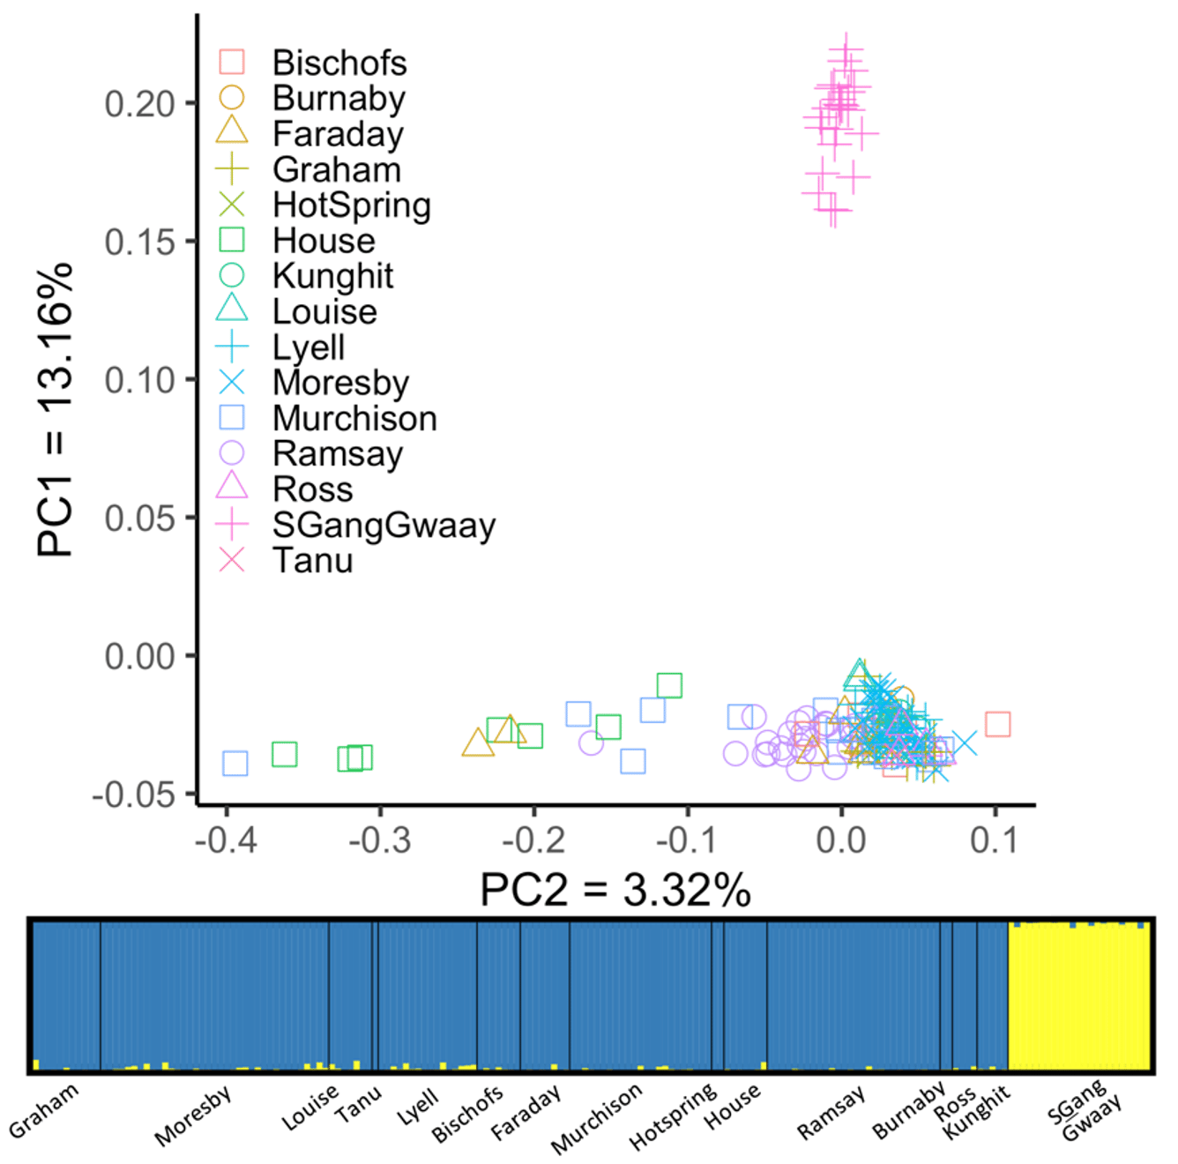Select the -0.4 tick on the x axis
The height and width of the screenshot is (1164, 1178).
(226, 839)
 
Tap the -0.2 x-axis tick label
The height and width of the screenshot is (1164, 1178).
(533, 839)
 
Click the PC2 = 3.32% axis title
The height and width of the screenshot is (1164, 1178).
(615, 890)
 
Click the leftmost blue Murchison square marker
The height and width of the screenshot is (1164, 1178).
(235, 763)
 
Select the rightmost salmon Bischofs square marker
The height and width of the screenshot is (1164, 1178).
(997, 724)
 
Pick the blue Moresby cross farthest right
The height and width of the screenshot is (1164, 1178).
(965, 743)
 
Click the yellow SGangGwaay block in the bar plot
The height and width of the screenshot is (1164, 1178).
(1078, 996)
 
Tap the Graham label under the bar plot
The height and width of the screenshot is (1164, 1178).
(44, 1110)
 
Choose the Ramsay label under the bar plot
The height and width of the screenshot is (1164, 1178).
(831, 1113)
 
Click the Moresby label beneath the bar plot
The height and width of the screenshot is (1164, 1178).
(192, 1115)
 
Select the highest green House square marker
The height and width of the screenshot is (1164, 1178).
(669, 685)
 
